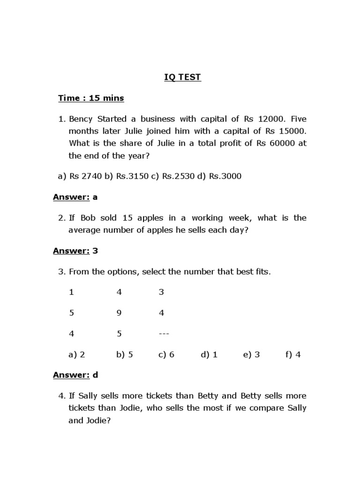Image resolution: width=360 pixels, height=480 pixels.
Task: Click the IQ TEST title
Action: (x=182, y=77)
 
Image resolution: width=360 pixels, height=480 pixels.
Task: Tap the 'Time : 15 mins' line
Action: (x=91, y=98)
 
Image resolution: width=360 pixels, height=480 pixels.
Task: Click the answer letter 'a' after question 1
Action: (x=95, y=197)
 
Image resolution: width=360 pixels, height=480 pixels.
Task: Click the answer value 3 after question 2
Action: (x=95, y=251)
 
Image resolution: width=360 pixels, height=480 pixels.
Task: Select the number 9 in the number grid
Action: (x=119, y=313)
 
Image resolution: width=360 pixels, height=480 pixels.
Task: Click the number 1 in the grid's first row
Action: (x=71, y=292)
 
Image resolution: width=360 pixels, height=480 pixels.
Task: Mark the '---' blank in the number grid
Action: (x=164, y=334)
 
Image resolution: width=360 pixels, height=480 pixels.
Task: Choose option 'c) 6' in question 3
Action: (x=166, y=354)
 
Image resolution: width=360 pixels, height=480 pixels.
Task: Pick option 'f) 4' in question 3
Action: (x=292, y=354)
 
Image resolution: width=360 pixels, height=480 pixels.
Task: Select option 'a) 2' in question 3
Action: (x=76, y=354)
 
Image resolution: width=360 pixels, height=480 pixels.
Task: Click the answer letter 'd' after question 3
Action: (x=95, y=375)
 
